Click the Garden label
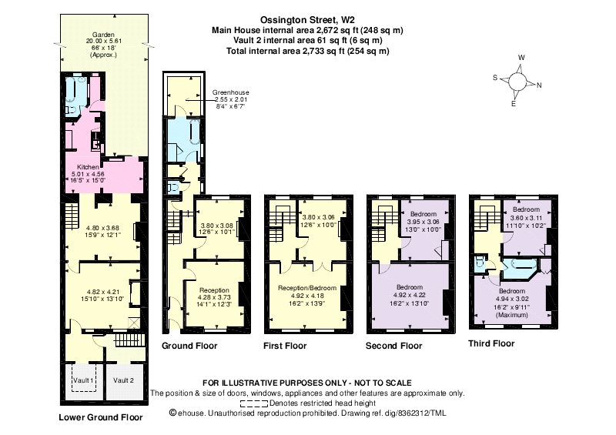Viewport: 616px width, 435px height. (103, 35)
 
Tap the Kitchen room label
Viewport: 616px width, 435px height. (88, 167)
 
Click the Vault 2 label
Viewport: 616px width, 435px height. (123, 380)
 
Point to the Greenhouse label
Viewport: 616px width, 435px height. (230, 92)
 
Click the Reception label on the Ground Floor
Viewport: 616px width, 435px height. (214, 290)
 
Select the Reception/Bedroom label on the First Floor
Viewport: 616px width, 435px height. (307, 288)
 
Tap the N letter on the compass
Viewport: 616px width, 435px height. (539, 85)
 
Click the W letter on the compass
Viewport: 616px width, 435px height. (521, 58)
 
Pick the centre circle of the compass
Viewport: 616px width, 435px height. (517, 82)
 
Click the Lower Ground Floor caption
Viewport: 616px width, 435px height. (101, 417)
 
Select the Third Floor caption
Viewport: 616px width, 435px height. (491, 343)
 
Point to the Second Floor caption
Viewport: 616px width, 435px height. (393, 346)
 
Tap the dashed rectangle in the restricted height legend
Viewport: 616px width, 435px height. (254, 403)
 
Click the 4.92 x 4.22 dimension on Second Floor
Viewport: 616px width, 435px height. (410, 295)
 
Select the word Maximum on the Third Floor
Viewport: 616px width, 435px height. (512, 315)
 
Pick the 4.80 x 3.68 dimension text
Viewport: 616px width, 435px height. (103, 228)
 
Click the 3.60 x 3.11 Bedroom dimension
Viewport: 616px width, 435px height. (526, 217)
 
